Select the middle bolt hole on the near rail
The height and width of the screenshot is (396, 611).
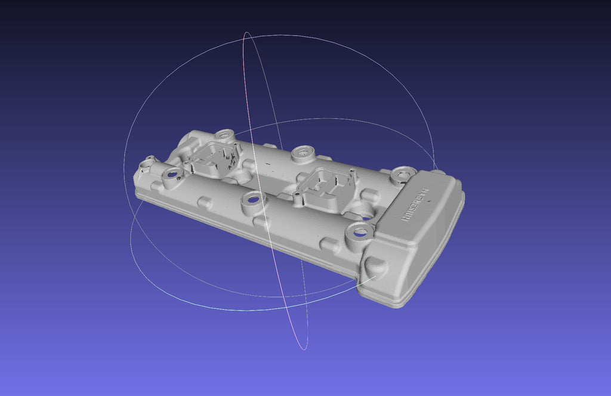(252, 199)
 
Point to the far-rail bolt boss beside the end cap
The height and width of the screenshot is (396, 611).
(402, 175)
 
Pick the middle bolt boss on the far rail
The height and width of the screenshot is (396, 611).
(303, 153)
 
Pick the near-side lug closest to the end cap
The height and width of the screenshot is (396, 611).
(330, 244)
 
